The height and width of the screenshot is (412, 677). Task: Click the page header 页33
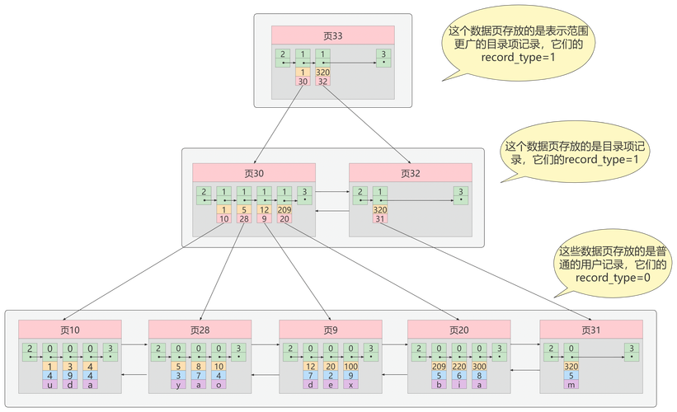(332, 35)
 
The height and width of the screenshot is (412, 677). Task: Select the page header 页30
(254, 173)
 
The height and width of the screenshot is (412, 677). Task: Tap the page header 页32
(410, 173)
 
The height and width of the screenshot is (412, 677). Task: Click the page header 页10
(70, 330)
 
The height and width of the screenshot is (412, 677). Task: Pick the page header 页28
(200, 330)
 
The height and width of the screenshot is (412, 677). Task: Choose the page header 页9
(330, 330)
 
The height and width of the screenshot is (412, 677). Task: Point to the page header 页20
(459, 330)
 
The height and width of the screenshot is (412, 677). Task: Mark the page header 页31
(590, 330)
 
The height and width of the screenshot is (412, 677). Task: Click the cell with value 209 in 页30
(284, 210)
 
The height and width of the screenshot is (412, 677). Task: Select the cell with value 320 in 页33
(322, 73)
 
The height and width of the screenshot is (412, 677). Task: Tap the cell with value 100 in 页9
(350, 366)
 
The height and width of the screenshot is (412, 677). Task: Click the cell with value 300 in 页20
(480, 366)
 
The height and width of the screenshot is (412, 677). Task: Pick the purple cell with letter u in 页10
(50, 384)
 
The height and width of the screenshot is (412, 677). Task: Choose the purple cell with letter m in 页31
(571, 384)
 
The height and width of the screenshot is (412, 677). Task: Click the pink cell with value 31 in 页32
(380, 219)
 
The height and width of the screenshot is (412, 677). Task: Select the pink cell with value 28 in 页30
(244, 219)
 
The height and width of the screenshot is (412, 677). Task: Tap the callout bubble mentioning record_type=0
(614, 265)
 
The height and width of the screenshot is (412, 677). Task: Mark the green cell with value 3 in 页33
(383, 56)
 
